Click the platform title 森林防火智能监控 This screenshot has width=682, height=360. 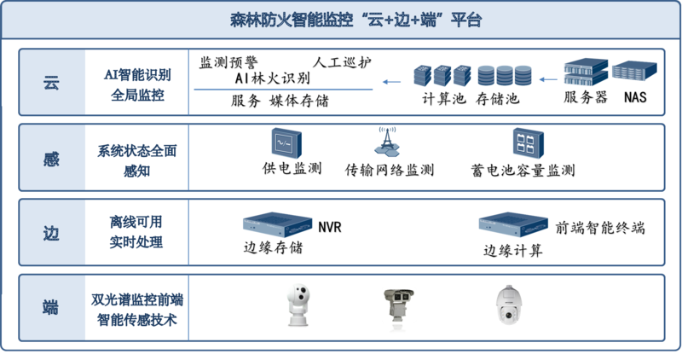click(x=292, y=20)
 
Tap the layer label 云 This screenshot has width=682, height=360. click(x=51, y=82)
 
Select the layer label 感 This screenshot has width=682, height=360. click(x=51, y=159)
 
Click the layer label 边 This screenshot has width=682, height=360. click(x=51, y=234)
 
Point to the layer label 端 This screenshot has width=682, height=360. click(x=51, y=307)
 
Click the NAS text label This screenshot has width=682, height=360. click(x=635, y=97)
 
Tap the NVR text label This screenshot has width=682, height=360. click(x=330, y=227)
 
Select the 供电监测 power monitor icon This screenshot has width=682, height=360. click(x=286, y=142)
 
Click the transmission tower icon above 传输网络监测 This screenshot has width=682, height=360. click(x=387, y=141)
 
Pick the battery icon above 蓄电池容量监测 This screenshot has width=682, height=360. click(x=528, y=142)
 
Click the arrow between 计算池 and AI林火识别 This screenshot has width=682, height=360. click(x=391, y=82)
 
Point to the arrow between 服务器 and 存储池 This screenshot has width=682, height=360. click(x=548, y=79)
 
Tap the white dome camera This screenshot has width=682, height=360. click(x=509, y=305)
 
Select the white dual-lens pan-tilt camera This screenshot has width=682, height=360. click(x=298, y=305)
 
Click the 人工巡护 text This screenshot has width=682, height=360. click(x=342, y=62)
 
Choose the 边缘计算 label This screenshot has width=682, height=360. click(x=513, y=251)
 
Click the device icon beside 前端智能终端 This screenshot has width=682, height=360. click(x=513, y=224)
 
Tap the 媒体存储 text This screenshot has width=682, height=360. click(x=299, y=101)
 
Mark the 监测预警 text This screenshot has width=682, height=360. click(x=228, y=62)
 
